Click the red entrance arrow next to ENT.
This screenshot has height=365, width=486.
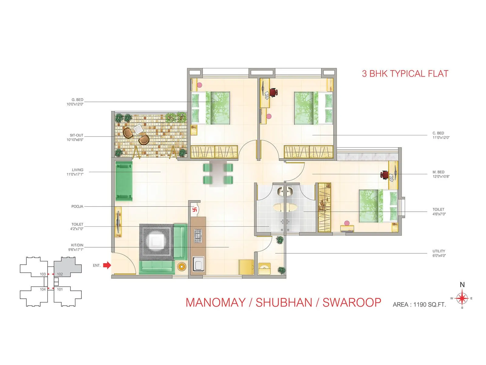tap(107, 265)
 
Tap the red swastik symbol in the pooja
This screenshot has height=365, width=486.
tap(195, 210)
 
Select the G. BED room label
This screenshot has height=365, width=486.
tap(77, 100)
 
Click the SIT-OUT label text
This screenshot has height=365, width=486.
tap(76, 135)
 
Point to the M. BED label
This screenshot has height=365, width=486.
tap(438, 172)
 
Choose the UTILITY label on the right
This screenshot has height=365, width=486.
tap(439, 251)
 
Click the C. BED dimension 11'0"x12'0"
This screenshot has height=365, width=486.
tap(441, 137)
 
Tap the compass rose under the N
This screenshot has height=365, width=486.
tap(462, 298)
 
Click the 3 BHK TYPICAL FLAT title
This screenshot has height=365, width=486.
tap(405, 74)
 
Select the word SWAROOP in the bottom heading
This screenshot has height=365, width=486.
tap(351, 303)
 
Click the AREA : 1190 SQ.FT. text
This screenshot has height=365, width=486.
tap(419, 304)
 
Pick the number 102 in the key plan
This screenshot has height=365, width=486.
tap(60, 274)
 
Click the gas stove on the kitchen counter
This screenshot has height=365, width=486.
tap(198, 235)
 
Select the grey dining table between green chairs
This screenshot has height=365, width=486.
tap(218, 173)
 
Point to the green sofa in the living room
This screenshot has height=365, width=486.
tap(124, 181)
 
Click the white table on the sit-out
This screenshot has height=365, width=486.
tap(139, 130)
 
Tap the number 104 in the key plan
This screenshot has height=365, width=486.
tap(43, 289)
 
